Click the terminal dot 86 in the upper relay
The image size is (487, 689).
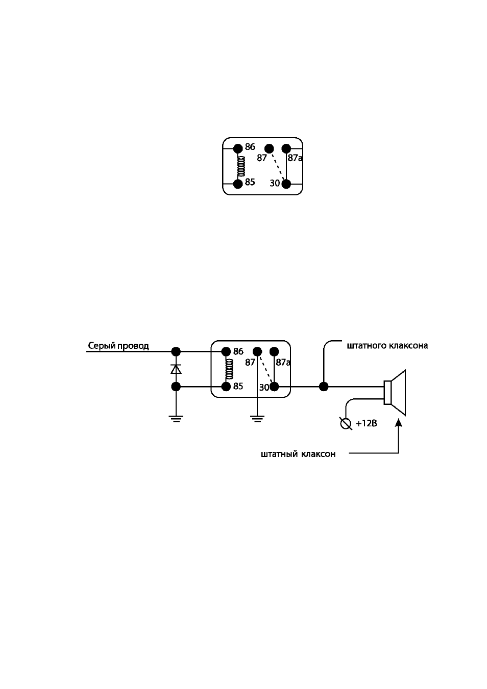(x=238, y=149)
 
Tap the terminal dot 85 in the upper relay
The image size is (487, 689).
(x=238, y=184)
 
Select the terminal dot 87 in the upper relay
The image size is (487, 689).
(x=269, y=149)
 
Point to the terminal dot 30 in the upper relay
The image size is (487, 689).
(x=286, y=184)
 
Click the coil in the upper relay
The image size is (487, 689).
(x=241, y=166)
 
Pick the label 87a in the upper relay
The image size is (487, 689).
(x=295, y=158)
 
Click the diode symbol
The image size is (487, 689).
(x=176, y=369)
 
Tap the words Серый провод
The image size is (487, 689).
(x=118, y=346)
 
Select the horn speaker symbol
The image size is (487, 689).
(x=395, y=393)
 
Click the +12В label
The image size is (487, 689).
(x=367, y=424)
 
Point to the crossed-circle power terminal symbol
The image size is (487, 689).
(x=346, y=424)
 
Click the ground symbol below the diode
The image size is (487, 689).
(x=176, y=419)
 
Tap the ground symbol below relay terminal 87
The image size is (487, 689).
(x=257, y=419)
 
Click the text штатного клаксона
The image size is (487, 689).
(x=387, y=346)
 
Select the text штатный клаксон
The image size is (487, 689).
(x=298, y=454)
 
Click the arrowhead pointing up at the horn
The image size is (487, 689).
(x=399, y=423)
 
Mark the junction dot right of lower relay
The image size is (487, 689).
(x=324, y=387)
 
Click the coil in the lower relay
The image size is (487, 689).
(x=229, y=369)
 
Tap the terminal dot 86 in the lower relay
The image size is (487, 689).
(x=226, y=351)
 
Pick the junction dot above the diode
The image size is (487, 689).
(x=176, y=351)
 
